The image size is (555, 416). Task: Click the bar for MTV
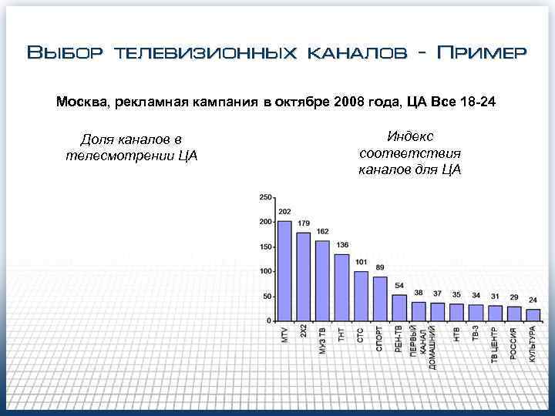[284, 270]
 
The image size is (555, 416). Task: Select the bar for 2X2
[304, 276]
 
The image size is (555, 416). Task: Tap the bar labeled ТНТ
[341, 287]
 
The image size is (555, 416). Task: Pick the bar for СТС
[361, 295]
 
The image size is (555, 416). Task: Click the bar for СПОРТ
[380, 298]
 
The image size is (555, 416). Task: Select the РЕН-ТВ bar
[399, 307]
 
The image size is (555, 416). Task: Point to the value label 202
[284, 212]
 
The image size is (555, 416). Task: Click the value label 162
[322, 231]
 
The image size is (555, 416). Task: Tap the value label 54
[399, 285]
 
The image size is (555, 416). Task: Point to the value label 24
[533, 300]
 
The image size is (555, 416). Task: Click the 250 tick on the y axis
[265, 197]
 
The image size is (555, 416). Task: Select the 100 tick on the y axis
[265, 271]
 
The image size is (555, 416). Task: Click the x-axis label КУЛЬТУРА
[533, 344]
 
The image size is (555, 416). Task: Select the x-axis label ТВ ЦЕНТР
[494, 344]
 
